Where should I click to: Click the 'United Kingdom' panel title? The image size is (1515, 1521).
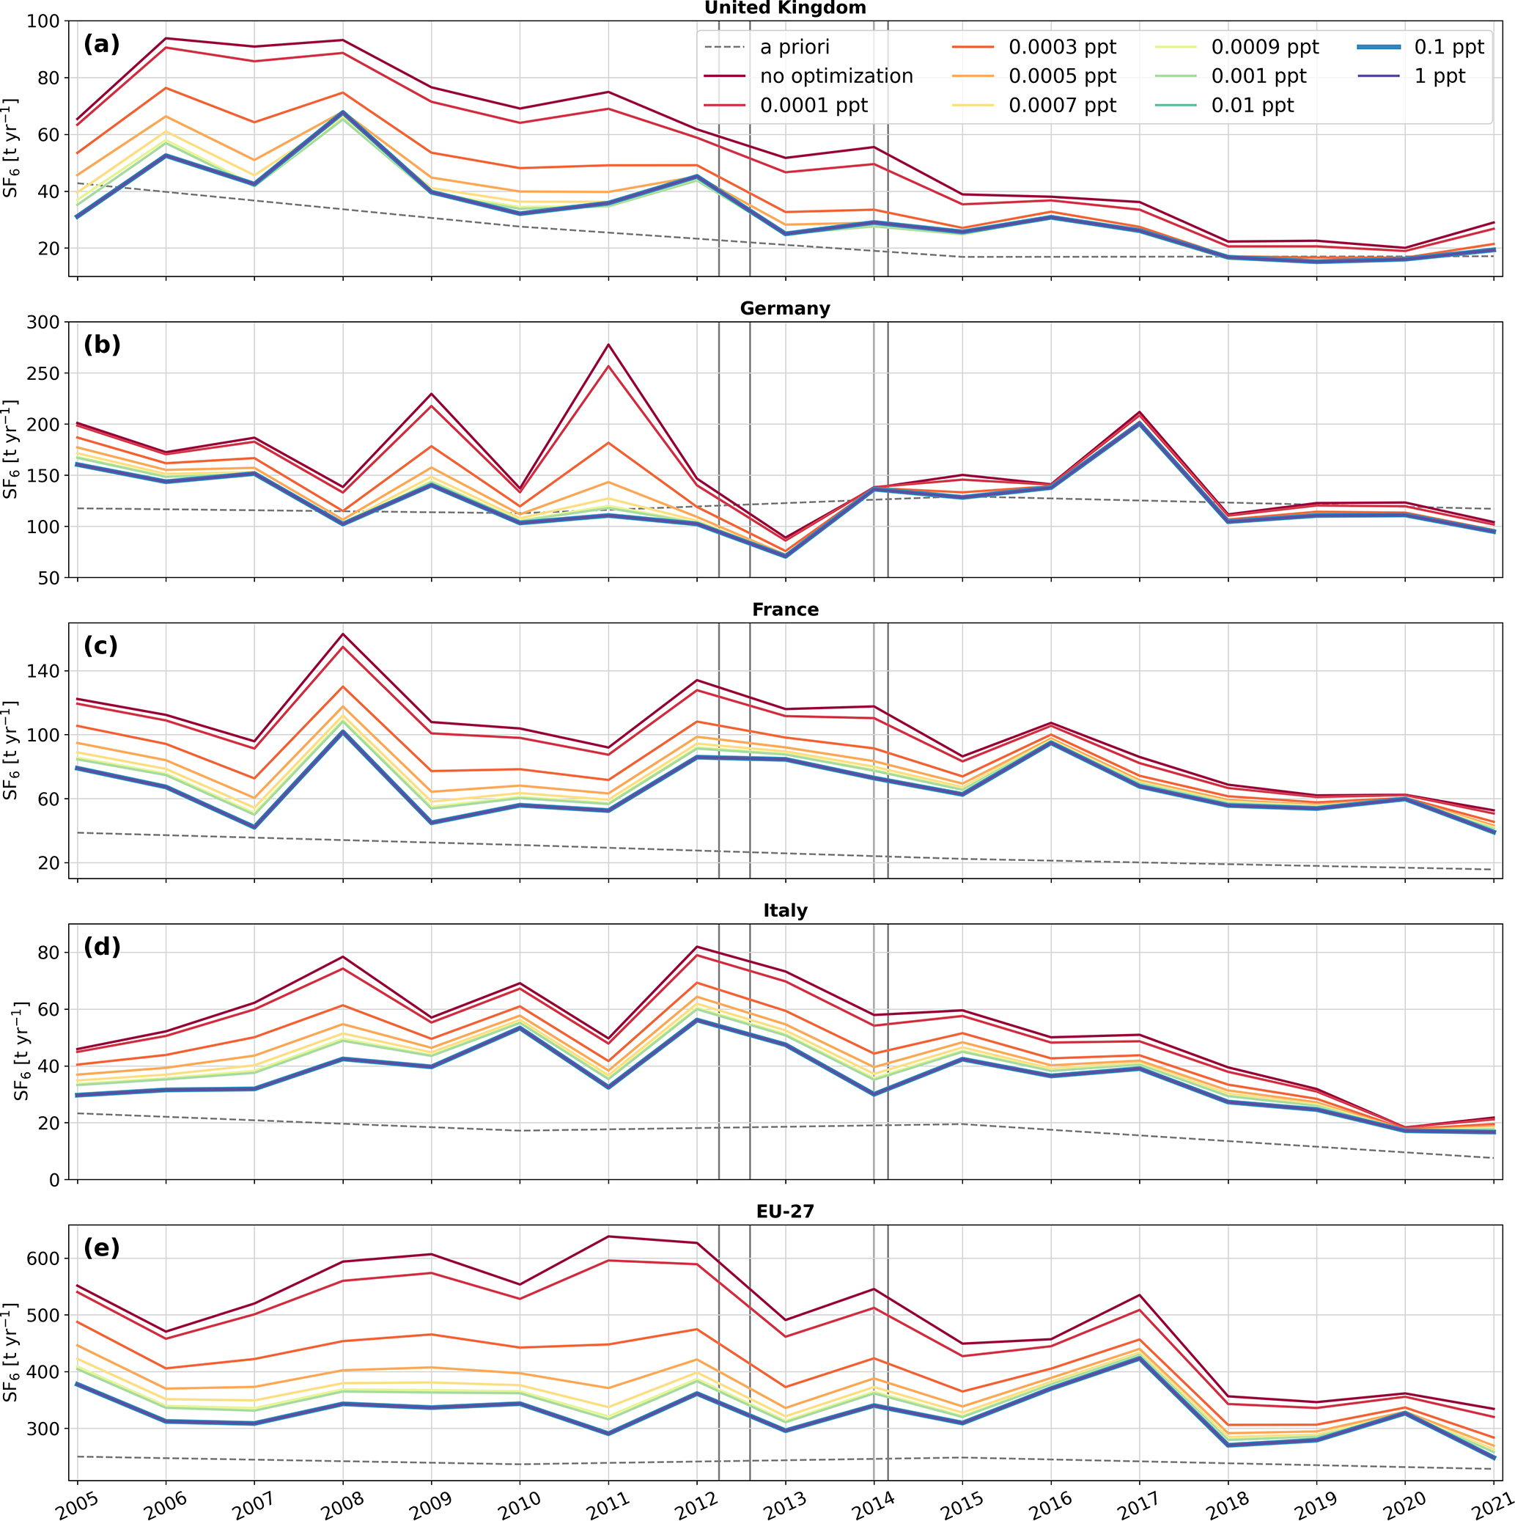[785, 8]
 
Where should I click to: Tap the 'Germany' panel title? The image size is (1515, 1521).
[785, 309]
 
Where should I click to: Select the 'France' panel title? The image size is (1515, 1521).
[785, 609]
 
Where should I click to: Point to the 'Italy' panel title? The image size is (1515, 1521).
[785, 910]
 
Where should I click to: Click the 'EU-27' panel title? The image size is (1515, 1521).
[785, 1211]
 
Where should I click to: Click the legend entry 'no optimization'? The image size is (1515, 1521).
[836, 76]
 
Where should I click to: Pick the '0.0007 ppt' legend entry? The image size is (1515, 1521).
[1062, 106]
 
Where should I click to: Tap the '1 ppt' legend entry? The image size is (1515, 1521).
[1440, 76]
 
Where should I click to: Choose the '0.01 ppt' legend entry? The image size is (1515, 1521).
[1252, 106]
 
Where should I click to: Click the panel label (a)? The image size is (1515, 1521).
[102, 44]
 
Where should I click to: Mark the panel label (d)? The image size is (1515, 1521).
[102, 946]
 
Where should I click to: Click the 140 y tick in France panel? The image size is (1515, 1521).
[47, 672]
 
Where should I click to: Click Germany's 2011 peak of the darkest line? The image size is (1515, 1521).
[608, 345]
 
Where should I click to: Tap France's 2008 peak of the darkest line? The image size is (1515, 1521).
[342, 634]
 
